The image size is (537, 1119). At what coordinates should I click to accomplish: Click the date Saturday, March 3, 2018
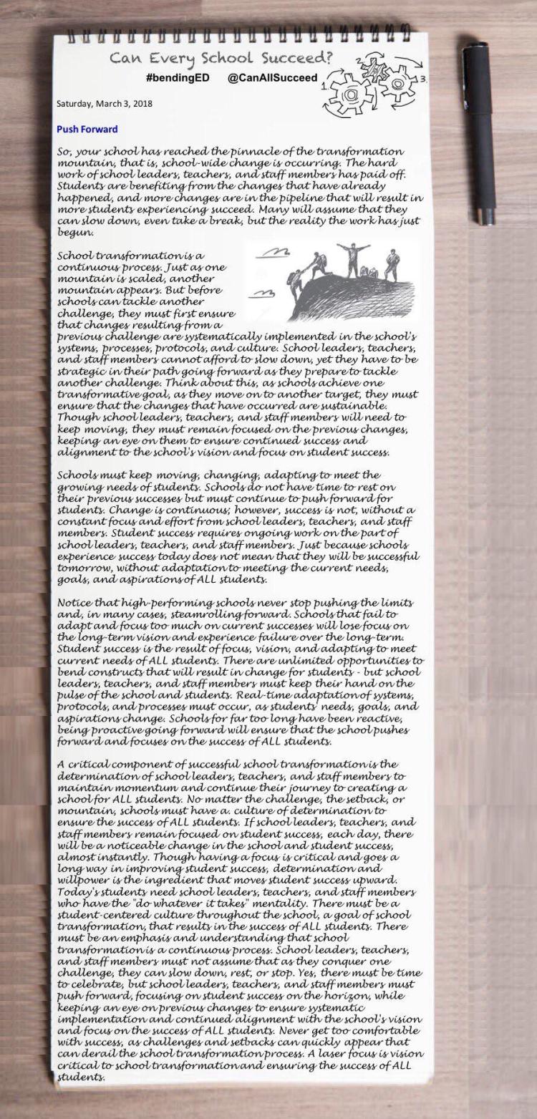(x=105, y=103)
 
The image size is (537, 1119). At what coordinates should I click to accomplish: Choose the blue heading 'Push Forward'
(x=87, y=130)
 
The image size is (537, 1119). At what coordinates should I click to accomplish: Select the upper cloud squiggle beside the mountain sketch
(x=273, y=251)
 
